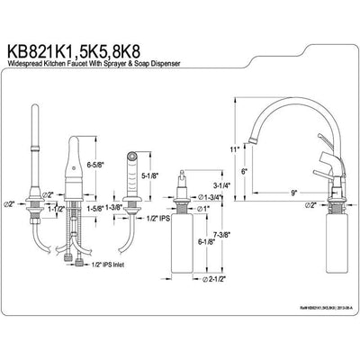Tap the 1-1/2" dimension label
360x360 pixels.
[x=56, y=209]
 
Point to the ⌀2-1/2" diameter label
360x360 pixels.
[x=213, y=277]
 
